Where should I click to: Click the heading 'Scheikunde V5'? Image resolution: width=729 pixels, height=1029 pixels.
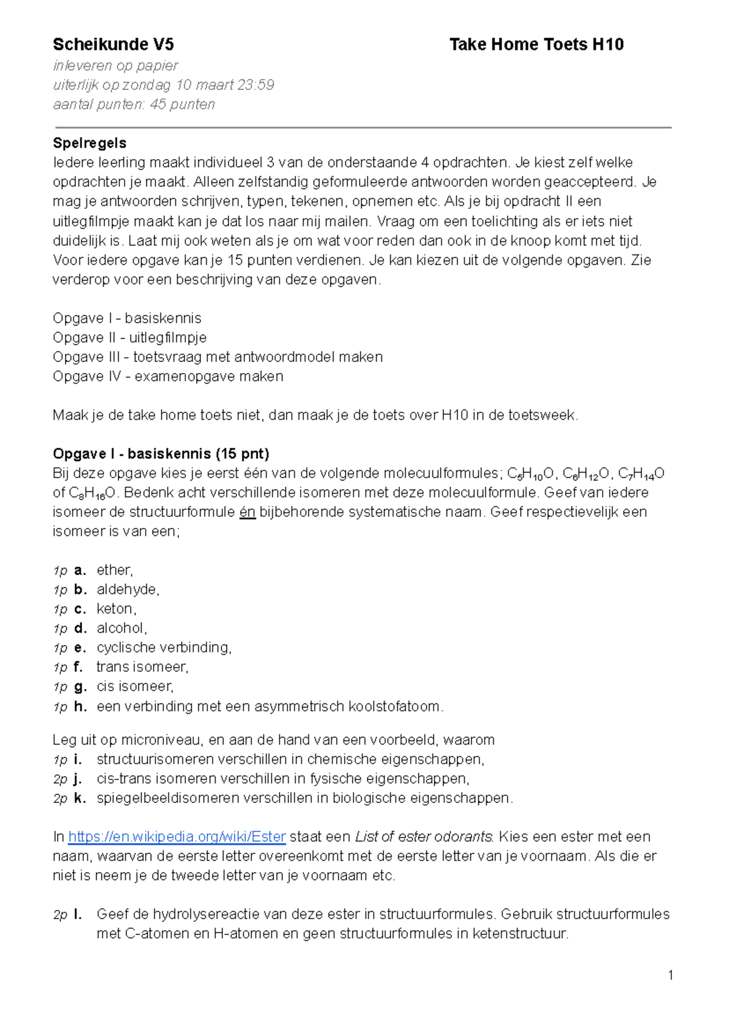coord(113,44)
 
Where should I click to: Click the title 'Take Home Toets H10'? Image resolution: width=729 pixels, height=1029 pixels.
coord(536,44)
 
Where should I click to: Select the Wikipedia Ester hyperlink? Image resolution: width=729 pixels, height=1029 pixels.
coord(177,837)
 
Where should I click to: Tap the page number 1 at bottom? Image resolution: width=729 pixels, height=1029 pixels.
coord(671,976)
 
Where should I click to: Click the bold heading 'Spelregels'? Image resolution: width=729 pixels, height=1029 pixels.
coord(89,143)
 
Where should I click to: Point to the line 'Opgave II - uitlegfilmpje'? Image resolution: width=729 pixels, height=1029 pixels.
coord(129,338)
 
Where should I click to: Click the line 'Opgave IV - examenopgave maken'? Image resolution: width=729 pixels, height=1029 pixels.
coord(168,377)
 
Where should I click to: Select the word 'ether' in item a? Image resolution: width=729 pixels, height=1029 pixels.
coord(114,570)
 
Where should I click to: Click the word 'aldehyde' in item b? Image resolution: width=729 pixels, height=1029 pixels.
coord(127,590)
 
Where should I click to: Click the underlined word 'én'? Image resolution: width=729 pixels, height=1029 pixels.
coord(247,512)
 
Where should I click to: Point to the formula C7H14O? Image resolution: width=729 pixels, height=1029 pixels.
coord(640,474)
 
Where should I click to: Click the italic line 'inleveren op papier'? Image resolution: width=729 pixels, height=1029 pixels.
coord(115,66)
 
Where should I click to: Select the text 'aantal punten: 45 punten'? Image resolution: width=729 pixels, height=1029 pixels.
coord(134,104)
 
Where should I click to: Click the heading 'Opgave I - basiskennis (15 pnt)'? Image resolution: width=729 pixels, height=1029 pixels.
coord(161,454)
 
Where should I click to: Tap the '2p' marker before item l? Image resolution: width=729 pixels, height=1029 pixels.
coord(60,915)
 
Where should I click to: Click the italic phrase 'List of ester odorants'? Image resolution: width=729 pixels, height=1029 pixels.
coord(423,837)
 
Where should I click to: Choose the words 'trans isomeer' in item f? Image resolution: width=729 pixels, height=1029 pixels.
coord(142,667)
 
